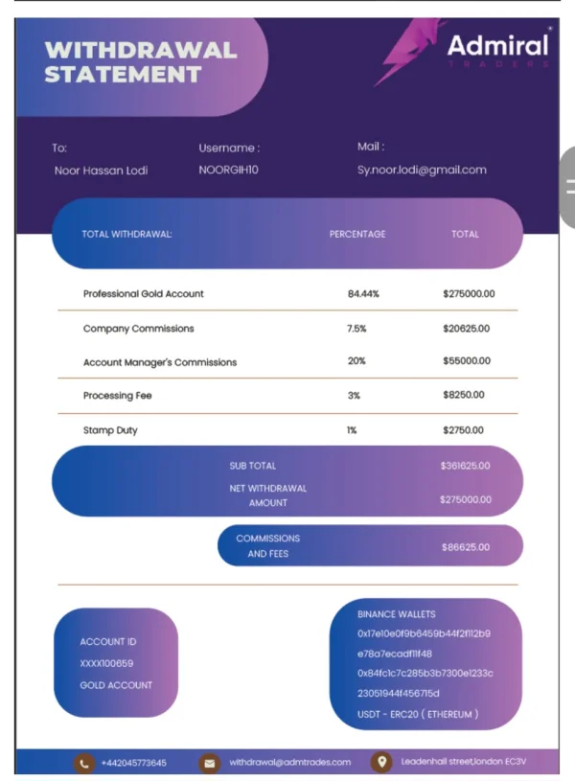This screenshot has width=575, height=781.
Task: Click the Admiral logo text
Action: (497, 45)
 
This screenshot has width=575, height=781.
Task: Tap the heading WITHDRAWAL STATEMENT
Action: (140, 61)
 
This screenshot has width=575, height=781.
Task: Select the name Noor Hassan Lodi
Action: (101, 171)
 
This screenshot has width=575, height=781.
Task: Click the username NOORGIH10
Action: (228, 171)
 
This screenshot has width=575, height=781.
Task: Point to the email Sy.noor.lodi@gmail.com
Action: (422, 171)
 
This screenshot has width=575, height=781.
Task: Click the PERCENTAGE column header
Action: (357, 234)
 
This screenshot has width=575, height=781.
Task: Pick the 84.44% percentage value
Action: (363, 293)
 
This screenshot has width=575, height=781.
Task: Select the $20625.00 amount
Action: (466, 329)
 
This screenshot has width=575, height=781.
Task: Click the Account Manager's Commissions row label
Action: (160, 362)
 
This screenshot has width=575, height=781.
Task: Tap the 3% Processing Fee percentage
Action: (354, 395)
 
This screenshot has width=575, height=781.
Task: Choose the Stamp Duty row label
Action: (110, 430)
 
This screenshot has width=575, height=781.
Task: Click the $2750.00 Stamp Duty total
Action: (463, 430)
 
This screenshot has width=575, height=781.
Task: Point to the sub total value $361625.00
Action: (465, 466)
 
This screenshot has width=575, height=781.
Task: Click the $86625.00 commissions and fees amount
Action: (465, 547)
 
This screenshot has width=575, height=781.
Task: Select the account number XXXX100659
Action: (106, 663)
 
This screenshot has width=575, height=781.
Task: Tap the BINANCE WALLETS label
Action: (396, 614)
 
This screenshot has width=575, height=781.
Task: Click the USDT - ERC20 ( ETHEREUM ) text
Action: (417, 714)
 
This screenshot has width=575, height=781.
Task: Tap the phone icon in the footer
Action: (84, 763)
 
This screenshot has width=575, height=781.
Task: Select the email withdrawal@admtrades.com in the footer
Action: (289, 763)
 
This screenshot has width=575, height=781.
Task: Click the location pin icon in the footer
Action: (381, 762)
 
